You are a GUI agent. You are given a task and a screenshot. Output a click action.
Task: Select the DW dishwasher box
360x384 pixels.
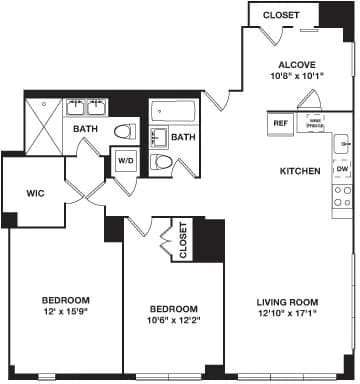342,170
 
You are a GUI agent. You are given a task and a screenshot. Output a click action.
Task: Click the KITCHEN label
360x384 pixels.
300,171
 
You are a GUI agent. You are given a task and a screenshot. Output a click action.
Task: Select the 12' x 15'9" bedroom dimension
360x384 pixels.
66,312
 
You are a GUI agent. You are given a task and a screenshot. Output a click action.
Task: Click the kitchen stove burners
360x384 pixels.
342,195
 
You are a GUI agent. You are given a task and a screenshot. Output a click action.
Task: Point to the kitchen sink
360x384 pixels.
342,144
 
